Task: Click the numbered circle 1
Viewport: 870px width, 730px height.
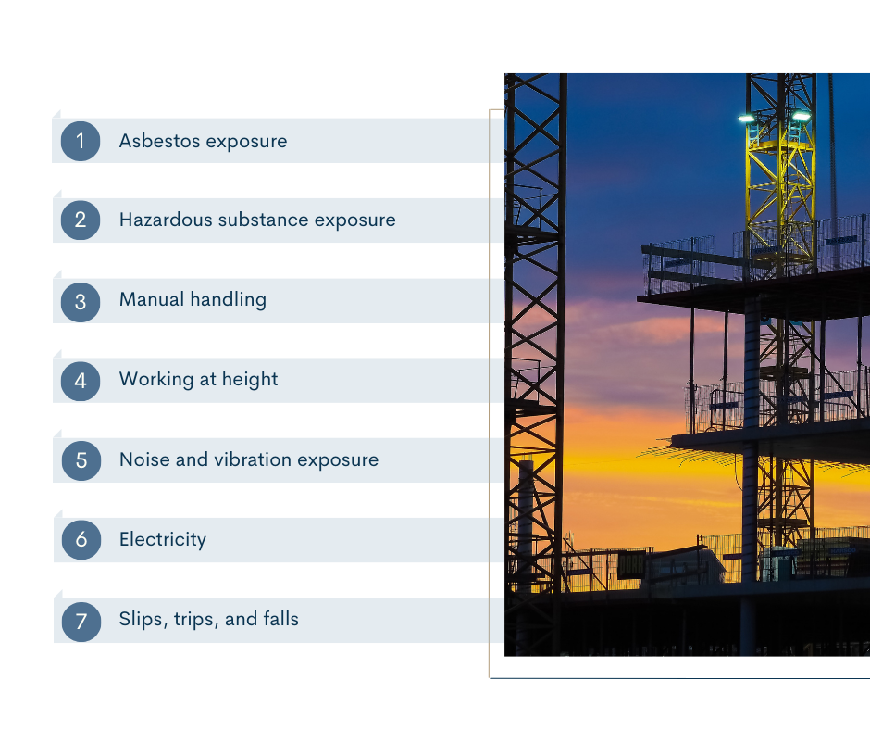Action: (81, 141)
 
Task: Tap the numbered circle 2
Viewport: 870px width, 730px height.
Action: (81, 220)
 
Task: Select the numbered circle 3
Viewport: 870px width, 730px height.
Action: (81, 302)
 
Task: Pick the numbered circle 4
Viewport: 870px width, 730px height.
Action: (81, 381)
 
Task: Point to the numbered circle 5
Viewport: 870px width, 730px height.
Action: (81, 460)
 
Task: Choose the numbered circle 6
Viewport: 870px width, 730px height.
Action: (81, 539)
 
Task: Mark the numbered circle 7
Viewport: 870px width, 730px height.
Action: (81, 622)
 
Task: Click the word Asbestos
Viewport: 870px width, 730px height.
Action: (160, 141)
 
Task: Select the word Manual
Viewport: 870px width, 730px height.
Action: (152, 299)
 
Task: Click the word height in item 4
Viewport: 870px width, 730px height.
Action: (250, 380)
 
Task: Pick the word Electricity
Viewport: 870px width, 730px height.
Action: (163, 539)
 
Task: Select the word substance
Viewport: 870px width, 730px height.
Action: (263, 220)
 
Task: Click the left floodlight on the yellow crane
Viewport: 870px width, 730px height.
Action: (747, 119)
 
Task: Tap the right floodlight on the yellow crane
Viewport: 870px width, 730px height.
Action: (801, 116)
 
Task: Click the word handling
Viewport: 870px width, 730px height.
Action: (228, 300)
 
